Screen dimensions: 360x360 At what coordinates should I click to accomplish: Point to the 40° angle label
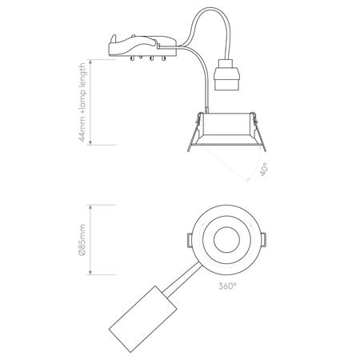(265, 170)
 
